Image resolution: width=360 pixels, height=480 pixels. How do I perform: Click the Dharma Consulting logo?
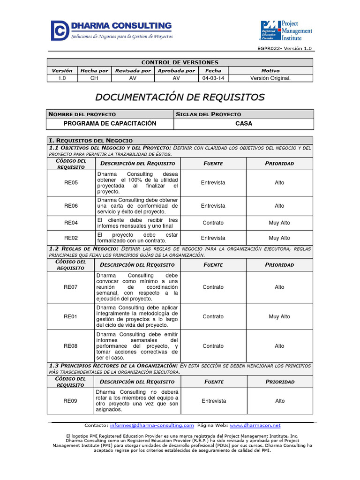coord(112,30)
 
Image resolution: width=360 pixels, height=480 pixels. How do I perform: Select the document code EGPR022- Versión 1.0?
coord(285,49)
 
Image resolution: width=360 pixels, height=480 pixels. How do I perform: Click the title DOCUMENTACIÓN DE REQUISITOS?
coord(180,97)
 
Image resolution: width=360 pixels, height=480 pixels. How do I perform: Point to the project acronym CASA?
coord(244,123)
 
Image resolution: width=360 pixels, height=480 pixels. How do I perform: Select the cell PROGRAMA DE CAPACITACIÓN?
coord(110,123)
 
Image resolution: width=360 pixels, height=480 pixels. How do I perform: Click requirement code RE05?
coord(71,183)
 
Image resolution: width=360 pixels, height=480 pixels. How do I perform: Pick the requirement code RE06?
coord(71,206)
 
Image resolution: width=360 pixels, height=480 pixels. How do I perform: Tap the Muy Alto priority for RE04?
coord(279,223)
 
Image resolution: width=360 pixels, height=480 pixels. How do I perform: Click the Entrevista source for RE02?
coord(213,238)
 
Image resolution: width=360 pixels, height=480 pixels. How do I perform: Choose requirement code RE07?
coord(71,287)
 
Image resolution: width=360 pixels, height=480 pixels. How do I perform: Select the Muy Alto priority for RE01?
coord(279,317)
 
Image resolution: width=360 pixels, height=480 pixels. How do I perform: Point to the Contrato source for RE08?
coord(213,346)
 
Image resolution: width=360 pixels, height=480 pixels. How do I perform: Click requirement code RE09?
coord(71,401)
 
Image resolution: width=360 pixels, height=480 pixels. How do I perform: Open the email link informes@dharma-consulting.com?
coord(152,426)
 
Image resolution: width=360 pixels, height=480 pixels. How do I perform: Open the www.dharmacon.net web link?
coord(255,426)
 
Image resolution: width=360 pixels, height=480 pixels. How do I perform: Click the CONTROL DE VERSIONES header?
coord(180,62)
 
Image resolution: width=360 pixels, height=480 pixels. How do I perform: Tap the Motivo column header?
coord(270,71)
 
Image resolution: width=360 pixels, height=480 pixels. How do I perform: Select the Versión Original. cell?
coord(270,78)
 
